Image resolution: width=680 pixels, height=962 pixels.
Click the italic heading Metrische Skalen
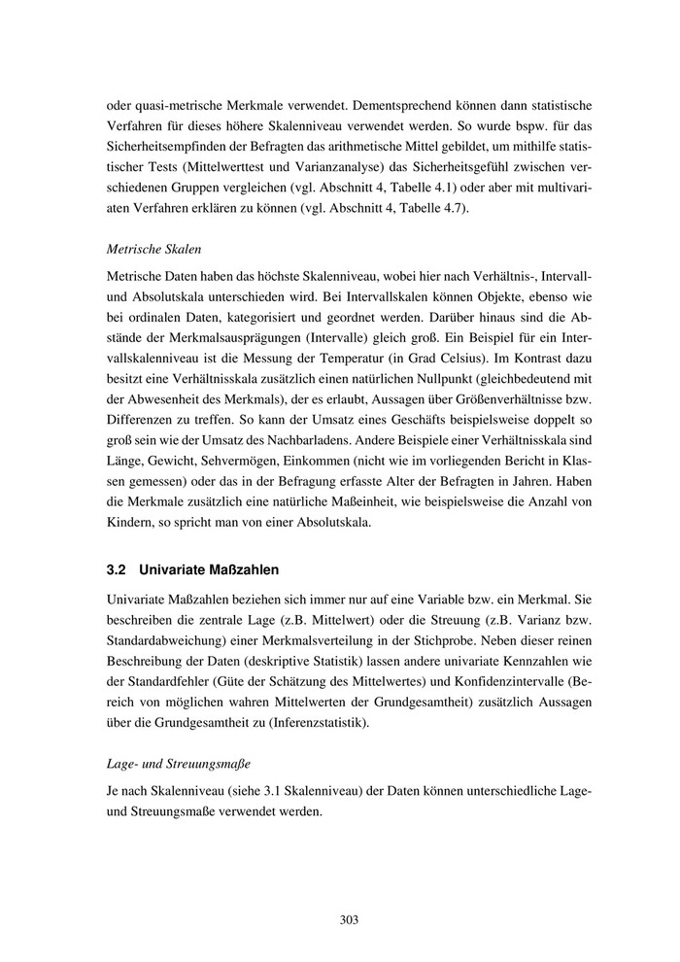click(x=153, y=249)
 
